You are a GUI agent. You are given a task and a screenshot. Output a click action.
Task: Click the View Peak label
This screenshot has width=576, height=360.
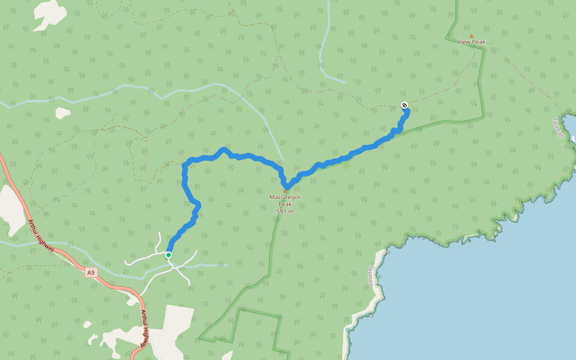(471, 42)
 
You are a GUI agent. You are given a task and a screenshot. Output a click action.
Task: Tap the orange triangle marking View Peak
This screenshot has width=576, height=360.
(471, 36)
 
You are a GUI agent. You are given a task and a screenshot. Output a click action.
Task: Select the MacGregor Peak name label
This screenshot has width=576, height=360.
(284, 200)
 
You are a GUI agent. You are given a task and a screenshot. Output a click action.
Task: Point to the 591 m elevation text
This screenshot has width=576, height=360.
(285, 211)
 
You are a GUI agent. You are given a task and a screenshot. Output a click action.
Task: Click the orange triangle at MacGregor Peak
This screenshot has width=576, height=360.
(285, 191)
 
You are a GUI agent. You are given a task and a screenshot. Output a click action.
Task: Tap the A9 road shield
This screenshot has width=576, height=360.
(91, 273)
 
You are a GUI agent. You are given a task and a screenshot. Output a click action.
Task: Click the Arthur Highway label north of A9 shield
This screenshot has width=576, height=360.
(41, 234)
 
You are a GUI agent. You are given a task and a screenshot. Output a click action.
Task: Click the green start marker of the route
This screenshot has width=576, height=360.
(169, 255)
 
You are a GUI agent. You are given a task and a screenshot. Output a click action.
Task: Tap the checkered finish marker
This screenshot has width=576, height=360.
(404, 106)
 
